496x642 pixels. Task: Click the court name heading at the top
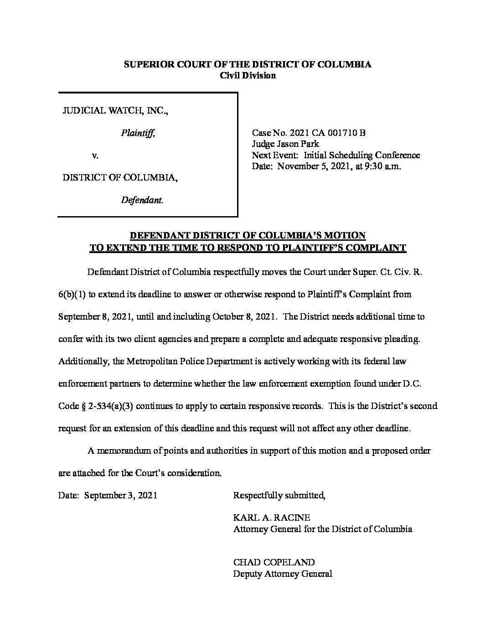pos(248,64)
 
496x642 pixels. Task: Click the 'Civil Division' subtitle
pos(248,76)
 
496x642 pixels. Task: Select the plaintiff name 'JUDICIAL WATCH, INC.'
pos(115,111)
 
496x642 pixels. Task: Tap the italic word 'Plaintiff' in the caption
pos(138,133)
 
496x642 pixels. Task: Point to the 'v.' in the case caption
pos(95,155)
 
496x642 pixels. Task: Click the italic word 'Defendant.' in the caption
pos(142,200)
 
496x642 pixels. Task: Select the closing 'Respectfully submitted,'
pos(279,495)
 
